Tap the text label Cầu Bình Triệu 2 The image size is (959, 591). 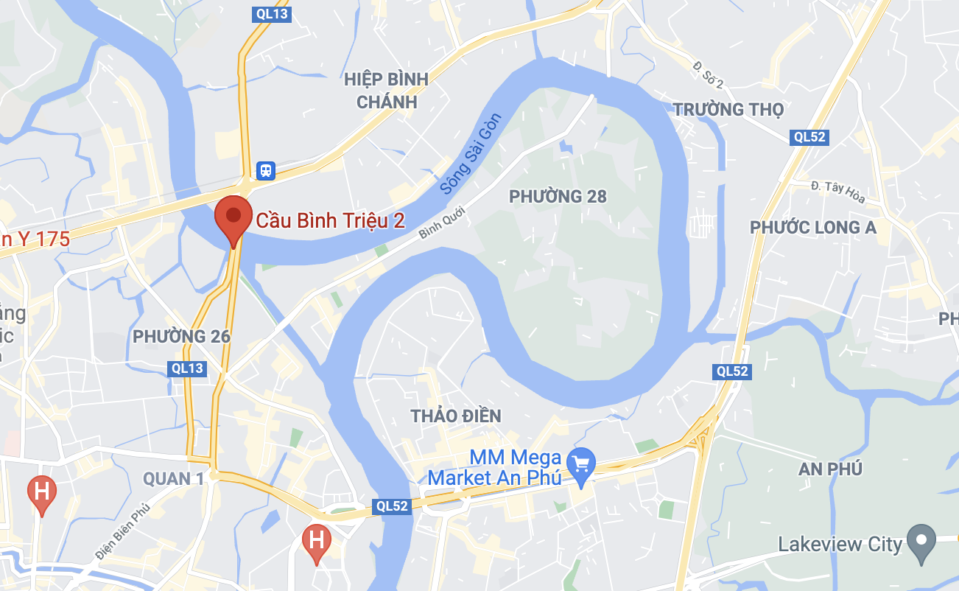pos(330,220)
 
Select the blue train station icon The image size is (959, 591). pos(265,171)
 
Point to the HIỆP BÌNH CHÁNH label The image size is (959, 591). pos(387,91)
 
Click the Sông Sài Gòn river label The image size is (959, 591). pos(471,154)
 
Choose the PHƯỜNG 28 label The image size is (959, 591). pos(558,196)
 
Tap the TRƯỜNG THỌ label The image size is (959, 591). pos(728,110)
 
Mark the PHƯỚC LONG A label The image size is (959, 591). pos(813,228)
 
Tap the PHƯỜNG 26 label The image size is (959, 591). pos(181,337)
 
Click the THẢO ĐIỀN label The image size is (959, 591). pos(456,416)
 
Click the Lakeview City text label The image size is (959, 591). pos(840,545)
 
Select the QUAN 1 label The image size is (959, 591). pos(173,479)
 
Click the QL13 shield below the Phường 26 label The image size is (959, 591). pos(186,368)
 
